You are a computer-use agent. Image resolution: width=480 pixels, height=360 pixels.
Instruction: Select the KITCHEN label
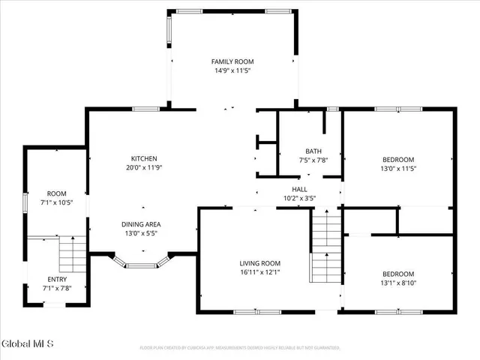(x=143, y=158)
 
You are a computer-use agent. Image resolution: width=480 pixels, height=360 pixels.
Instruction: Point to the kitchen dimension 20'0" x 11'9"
(x=143, y=167)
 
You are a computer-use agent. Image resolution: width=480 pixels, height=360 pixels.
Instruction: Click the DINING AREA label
(x=141, y=224)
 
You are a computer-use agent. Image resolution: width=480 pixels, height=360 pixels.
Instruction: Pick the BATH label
(x=313, y=151)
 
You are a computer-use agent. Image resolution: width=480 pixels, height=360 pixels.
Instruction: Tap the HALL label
(x=299, y=190)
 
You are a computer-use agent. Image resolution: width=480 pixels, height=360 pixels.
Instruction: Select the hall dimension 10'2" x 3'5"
(x=299, y=199)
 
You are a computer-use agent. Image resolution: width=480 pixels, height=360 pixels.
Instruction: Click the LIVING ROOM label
(x=259, y=262)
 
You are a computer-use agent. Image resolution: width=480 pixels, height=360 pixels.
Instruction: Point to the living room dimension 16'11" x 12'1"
(x=259, y=271)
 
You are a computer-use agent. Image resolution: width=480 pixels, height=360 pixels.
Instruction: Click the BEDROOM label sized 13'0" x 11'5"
(x=398, y=159)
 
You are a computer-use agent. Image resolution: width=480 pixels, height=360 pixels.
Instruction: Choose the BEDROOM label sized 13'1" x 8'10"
(x=398, y=274)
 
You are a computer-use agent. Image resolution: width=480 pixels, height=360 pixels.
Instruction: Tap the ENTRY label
(x=57, y=279)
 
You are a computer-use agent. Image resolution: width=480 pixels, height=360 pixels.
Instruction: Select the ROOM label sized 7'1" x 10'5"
(x=57, y=193)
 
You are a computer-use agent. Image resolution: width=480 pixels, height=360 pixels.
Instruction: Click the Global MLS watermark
(x=28, y=344)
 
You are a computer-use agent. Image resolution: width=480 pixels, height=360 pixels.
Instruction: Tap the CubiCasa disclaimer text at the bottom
(x=240, y=348)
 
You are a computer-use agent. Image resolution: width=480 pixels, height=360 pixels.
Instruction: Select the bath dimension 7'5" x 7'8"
(x=313, y=160)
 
